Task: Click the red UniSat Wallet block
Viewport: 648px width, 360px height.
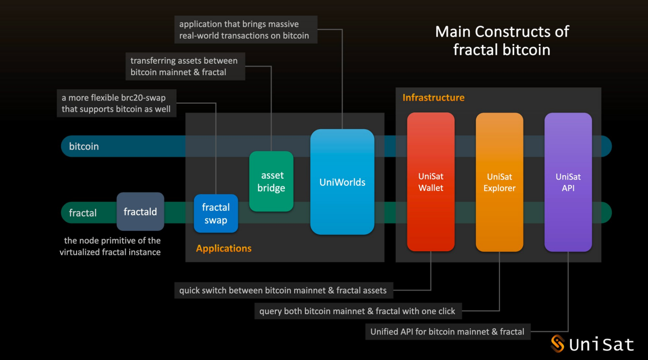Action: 430,182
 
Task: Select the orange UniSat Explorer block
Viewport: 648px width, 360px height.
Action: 499,182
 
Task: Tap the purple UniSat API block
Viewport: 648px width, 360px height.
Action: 568,182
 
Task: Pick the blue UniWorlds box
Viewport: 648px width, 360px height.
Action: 342,182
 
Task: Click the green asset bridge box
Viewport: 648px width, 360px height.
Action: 271,181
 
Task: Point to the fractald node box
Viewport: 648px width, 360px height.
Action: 140,211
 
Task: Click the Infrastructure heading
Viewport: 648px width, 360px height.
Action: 434,98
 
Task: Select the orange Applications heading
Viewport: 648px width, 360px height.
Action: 224,249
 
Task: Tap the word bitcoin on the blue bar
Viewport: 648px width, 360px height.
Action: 84,147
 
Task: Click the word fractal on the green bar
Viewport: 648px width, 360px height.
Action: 83,213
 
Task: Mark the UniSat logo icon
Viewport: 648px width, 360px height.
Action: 558,344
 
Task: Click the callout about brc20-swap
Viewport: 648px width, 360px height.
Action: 116,103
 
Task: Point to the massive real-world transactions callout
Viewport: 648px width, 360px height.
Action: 244,30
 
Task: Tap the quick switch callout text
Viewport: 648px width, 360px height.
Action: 283,291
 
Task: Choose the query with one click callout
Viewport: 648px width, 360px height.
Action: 357,311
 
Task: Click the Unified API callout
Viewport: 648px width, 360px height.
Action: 447,331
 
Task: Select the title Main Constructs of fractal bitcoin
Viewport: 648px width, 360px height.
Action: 501,40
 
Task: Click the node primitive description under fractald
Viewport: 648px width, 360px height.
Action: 110,246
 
